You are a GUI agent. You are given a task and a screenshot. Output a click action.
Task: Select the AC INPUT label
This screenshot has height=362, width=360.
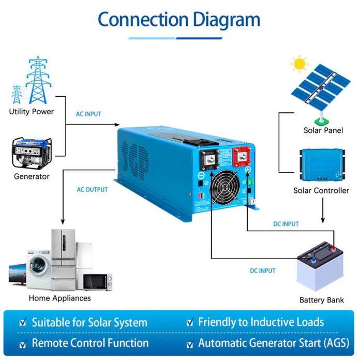tap(88, 114)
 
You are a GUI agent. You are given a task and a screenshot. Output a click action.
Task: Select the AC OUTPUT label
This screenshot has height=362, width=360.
tap(92, 190)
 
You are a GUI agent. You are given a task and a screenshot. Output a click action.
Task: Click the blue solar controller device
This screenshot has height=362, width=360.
tap(322, 165)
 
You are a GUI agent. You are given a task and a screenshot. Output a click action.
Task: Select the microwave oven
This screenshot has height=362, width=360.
tap(97, 282)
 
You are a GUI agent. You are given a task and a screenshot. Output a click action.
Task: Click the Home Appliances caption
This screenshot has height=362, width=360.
tap(59, 298)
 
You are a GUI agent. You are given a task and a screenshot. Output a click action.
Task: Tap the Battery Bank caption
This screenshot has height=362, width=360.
tap(321, 300)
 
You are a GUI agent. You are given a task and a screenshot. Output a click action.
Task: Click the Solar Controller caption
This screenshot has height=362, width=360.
tap(321, 191)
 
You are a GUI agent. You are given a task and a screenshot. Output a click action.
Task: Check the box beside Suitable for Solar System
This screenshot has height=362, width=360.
tap(22, 323)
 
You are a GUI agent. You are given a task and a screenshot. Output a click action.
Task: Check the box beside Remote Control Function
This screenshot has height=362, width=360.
tap(22, 344)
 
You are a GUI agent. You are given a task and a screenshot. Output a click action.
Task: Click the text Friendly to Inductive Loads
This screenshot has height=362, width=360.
tap(261, 322)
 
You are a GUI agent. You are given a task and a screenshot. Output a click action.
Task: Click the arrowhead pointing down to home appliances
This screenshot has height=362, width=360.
tap(63, 222)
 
